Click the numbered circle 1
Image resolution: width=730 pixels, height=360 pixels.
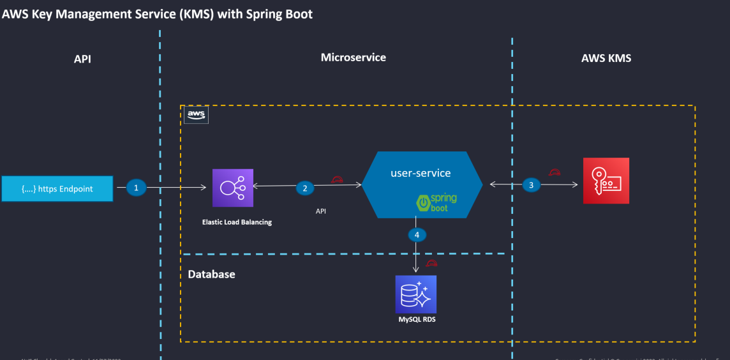tap(136, 188)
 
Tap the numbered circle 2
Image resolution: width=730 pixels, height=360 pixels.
tap(305, 188)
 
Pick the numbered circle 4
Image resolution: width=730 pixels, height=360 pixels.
tap(417, 235)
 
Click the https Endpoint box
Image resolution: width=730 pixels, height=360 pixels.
tap(57, 188)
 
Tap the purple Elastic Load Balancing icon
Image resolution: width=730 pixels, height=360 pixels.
tap(233, 188)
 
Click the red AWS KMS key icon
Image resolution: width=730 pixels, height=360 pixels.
tap(606, 181)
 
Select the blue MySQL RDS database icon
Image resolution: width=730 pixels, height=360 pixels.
tap(416, 294)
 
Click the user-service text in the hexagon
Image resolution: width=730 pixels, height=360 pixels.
tap(421, 173)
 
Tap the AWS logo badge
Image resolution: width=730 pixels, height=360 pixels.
tap(196, 114)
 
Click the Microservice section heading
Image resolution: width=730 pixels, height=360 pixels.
tap(353, 57)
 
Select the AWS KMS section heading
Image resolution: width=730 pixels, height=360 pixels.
tap(606, 58)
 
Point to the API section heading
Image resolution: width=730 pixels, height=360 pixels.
tap(82, 59)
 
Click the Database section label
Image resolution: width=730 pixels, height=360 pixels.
tap(211, 274)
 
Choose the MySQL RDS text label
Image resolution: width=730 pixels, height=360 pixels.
tap(416, 319)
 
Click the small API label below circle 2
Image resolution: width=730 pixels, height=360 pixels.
tap(321, 211)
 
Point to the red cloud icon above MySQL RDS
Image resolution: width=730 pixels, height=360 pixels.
tap(432, 263)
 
